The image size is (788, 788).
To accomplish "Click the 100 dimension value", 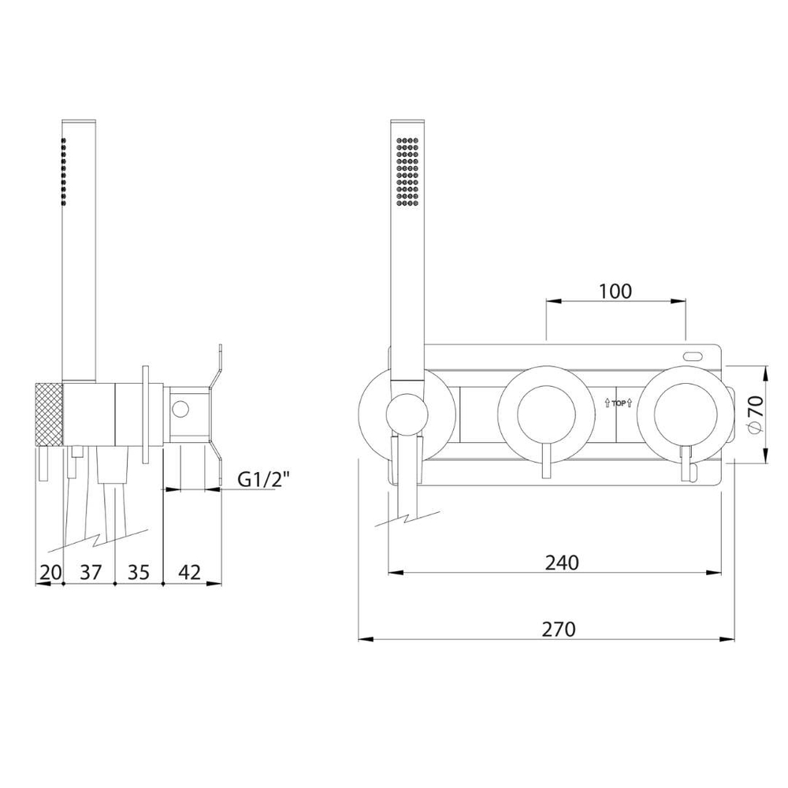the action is coord(615,291).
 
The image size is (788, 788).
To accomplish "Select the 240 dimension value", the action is coord(562,563).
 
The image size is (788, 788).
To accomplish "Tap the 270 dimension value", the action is coord(559,629).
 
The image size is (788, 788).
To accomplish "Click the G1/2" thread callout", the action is coord(264,480).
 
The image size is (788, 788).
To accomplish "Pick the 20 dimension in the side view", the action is coord(50,572).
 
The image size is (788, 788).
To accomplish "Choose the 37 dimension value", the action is coord(91,572).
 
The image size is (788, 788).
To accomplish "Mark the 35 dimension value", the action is coord(139,572).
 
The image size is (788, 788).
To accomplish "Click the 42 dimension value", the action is coord(189,572).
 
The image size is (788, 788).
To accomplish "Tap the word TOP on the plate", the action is coord(619,403).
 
